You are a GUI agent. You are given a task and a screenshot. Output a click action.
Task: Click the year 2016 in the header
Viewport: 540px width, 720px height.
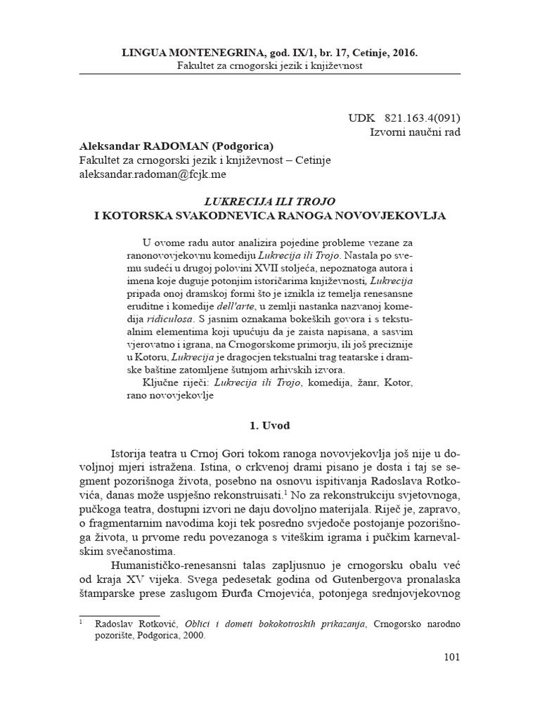click(x=401, y=53)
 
